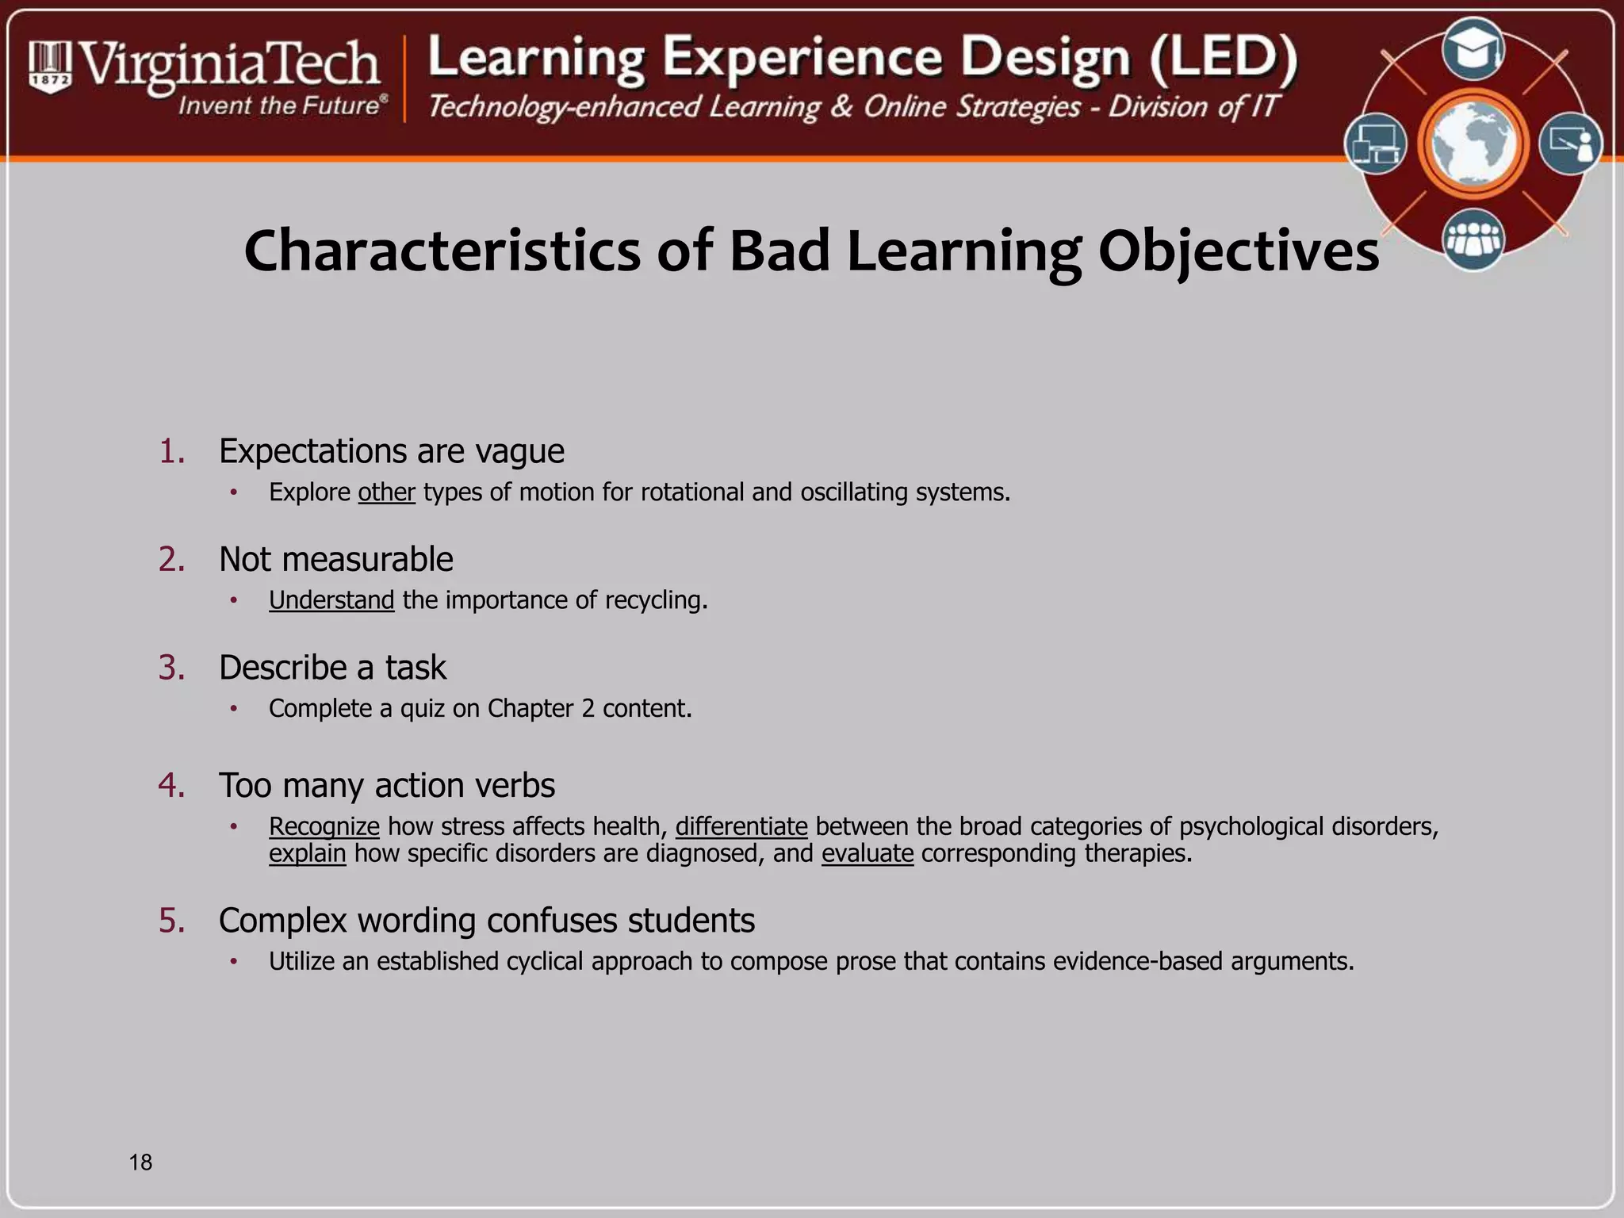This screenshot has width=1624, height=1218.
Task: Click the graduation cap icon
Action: (x=1473, y=50)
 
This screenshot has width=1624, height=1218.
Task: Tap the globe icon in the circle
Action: (x=1473, y=144)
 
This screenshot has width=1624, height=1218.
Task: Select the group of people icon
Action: (x=1473, y=239)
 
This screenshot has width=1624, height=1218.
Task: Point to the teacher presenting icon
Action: (x=1570, y=144)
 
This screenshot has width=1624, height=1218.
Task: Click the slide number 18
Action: (x=140, y=1162)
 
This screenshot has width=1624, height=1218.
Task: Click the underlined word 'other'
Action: (x=386, y=492)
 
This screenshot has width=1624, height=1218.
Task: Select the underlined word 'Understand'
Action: (x=331, y=600)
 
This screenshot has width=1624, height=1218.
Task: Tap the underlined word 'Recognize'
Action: (x=324, y=826)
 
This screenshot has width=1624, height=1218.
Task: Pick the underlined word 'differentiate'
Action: (x=741, y=826)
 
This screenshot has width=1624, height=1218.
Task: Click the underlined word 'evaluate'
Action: (x=868, y=854)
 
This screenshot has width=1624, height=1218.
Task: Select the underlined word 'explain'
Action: (x=308, y=854)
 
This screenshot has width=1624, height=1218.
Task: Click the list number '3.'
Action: (x=171, y=668)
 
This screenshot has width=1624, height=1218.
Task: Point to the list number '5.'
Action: (x=171, y=921)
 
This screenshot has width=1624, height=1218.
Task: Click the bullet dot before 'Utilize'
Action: (x=234, y=962)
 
